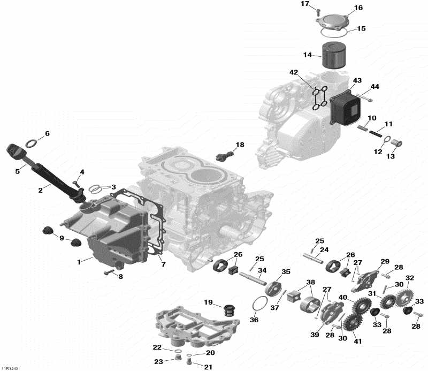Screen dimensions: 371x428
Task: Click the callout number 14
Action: pos(308,55)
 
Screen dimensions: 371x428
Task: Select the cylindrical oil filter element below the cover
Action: pos(334,56)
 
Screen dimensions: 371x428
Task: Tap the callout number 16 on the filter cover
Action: pos(358,7)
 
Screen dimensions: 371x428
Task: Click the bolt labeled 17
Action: pos(317,11)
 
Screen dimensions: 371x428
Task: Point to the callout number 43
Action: pos(357,80)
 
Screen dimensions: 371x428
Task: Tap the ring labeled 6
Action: pos(32,143)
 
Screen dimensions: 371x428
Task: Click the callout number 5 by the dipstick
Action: pos(17,171)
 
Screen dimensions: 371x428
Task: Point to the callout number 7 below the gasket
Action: pos(163,264)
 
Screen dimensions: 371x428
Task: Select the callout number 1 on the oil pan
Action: pos(80,262)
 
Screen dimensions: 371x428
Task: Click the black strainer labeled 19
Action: pos(228,310)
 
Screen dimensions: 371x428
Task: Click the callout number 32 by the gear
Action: pos(410,278)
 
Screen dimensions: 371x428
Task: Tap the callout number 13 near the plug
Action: pos(391,156)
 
